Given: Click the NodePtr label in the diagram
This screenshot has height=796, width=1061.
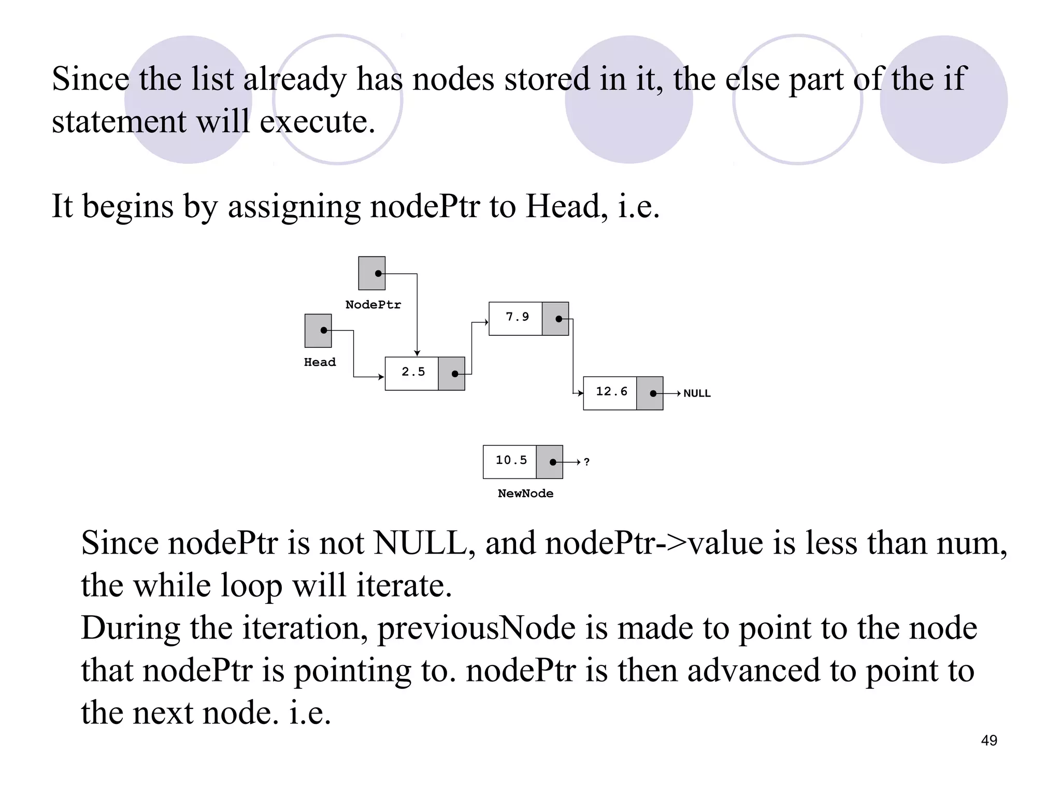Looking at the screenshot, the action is tap(373, 305).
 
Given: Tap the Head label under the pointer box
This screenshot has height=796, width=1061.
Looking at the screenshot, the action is tap(320, 362).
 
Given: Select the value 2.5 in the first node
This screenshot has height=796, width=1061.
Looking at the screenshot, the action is tap(413, 372).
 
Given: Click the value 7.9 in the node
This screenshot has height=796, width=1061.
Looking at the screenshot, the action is tap(517, 317).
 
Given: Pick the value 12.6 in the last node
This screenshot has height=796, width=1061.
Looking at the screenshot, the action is tap(611, 392).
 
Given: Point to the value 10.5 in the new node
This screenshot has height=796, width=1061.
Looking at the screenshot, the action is tap(511, 460).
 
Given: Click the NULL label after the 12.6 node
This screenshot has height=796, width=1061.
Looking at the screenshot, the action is tap(697, 394).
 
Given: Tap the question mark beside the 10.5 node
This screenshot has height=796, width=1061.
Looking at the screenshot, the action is tap(586, 462).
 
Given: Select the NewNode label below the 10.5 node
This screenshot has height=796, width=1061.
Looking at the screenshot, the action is tap(525, 494).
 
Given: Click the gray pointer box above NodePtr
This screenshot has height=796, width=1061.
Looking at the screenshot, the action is tap(372, 273).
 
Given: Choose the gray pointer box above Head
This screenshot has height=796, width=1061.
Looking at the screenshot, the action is tap(318, 331).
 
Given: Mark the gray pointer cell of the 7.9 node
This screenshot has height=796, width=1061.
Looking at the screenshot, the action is tap(555, 319).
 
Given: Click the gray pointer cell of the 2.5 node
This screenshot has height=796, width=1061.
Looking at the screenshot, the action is tap(451, 374).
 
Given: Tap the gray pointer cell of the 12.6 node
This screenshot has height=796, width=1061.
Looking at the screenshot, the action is tap(650, 394).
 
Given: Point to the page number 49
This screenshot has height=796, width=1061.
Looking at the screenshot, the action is tap(989, 741).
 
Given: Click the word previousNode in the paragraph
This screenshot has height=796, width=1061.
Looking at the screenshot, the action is tap(476, 628).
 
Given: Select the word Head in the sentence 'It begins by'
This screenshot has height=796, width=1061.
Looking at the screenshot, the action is tap(563, 206).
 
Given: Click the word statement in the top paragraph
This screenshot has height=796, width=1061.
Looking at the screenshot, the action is tap(119, 122).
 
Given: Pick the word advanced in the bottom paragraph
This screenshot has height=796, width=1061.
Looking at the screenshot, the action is tap(754, 671).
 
